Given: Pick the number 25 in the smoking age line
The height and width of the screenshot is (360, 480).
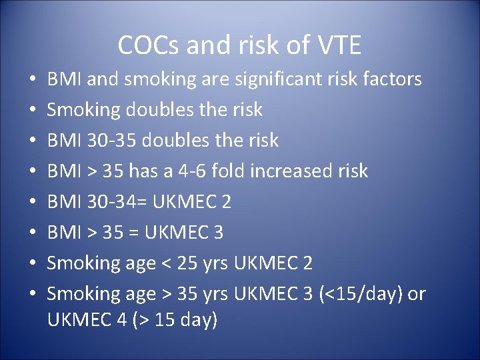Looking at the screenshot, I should click(191, 263).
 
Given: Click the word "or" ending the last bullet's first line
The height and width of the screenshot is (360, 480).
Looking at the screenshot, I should click(416, 294).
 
